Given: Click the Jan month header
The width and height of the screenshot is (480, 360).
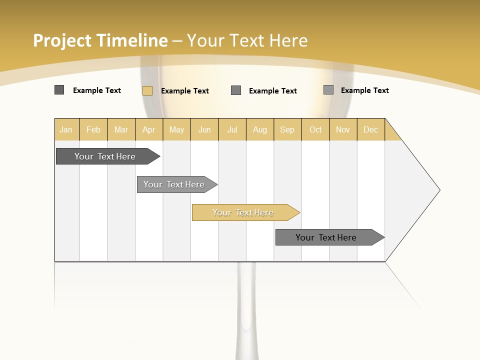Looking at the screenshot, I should point(66,129).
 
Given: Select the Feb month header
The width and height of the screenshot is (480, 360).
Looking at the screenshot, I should point(93,129).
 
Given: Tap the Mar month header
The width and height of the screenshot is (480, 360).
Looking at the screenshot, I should point(121,129).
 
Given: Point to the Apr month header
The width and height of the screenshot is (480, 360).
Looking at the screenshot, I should point(148,129).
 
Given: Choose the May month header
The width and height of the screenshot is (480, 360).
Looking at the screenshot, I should point(176,129).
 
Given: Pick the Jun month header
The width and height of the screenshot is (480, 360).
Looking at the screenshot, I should point(204,129).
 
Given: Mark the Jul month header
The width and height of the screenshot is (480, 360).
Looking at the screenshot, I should point(232,129).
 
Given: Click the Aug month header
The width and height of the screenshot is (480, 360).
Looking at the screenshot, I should point(260,129).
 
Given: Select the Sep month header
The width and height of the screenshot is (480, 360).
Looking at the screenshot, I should point(287,129).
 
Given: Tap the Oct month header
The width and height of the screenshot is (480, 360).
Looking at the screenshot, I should point(315,129).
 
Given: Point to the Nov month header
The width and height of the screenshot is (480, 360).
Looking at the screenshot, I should point(343,129).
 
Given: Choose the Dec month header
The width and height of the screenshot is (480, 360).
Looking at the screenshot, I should point(370,129).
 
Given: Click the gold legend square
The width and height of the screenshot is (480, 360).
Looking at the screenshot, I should point(147,90).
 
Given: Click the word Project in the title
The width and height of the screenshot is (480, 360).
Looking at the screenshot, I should point(62,40).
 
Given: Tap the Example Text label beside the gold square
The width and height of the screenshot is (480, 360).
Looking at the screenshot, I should point(185,91).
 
